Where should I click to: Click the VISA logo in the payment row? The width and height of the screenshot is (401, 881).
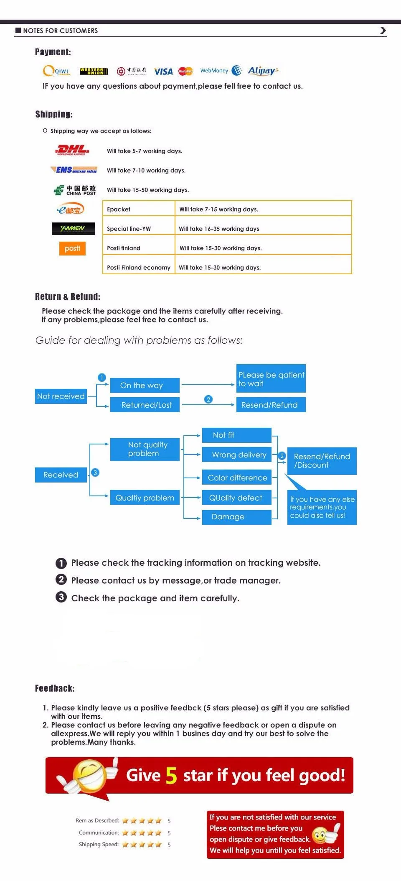[x=163, y=72]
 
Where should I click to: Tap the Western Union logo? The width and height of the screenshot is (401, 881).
[x=94, y=72]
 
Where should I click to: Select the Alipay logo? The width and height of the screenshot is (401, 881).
[x=263, y=71]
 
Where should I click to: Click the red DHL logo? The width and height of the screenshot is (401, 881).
[x=72, y=150]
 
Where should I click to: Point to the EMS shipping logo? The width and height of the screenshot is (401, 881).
[x=74, y=169]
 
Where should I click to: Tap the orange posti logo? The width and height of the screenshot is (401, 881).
[x=72, y=248]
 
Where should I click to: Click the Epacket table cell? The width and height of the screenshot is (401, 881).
[x=139, y=209]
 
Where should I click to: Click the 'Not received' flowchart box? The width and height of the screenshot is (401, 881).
[x=61, y=396]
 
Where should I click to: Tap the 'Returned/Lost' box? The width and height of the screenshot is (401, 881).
[x=145, y=405]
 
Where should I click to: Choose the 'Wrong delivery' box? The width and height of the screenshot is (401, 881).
[x=237, y=455]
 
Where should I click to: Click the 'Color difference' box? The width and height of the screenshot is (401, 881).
[x=237, y=478]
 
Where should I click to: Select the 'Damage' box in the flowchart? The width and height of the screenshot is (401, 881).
[x=237, y=517]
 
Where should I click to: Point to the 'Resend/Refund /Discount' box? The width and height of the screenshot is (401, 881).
[x=322, y=461]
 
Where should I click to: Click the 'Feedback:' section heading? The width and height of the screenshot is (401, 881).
[x=55, y=688]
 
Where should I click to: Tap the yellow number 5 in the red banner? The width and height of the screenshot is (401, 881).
[x=171, y=776]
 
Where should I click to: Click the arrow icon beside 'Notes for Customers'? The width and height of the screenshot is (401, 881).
[x=383, y=30]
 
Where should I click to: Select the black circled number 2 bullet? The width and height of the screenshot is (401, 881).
[x=61, y=580]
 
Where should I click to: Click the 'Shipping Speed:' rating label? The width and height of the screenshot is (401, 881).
[x=99, y=844]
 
